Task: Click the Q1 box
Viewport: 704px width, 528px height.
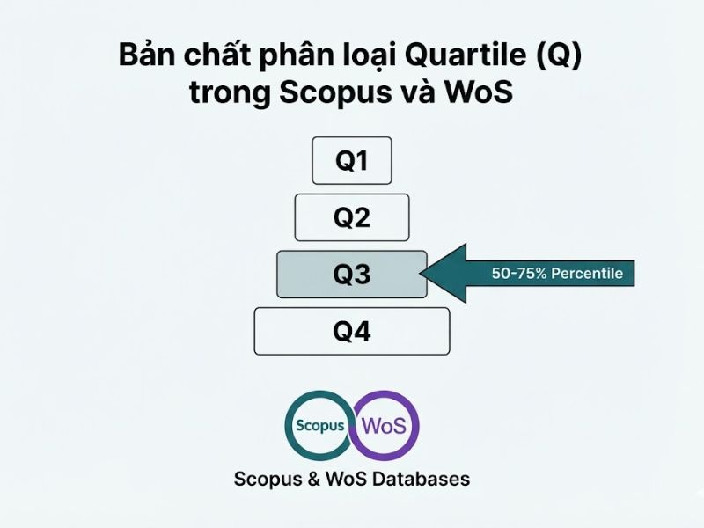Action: tap(352, 160)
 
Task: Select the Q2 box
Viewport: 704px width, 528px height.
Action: tap(352, 217)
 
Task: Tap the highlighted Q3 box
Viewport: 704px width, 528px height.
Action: tap(352, 275)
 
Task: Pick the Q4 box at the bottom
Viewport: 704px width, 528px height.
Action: tap(352, 331)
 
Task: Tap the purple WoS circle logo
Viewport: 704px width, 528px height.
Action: tap(385, 426)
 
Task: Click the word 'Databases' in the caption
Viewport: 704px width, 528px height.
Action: tap(422, 480)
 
